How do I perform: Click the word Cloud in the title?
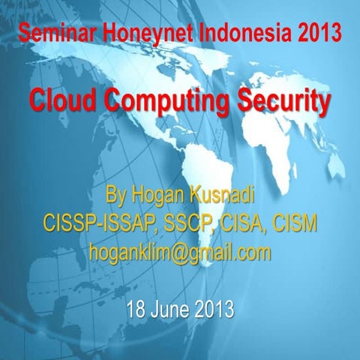point(62,100)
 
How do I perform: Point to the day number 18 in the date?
point(137,308)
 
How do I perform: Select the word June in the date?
point(172,308)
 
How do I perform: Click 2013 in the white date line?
point(214,308)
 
